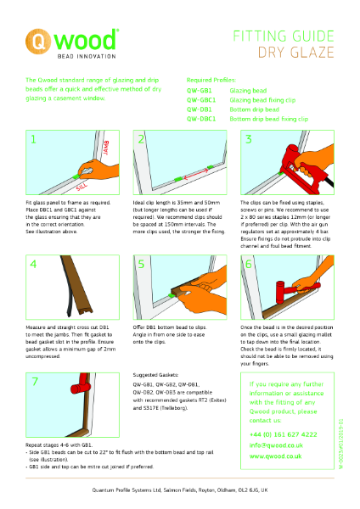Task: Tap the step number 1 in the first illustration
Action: click(33, 139)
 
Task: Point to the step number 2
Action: click(141, 139)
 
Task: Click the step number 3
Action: click(249, 139)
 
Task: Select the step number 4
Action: click(33, 264)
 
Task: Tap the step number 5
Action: click(141, 264)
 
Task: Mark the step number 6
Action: click(249, 264)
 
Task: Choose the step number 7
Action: click(33, 382)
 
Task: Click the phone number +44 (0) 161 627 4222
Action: click(284, 433)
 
